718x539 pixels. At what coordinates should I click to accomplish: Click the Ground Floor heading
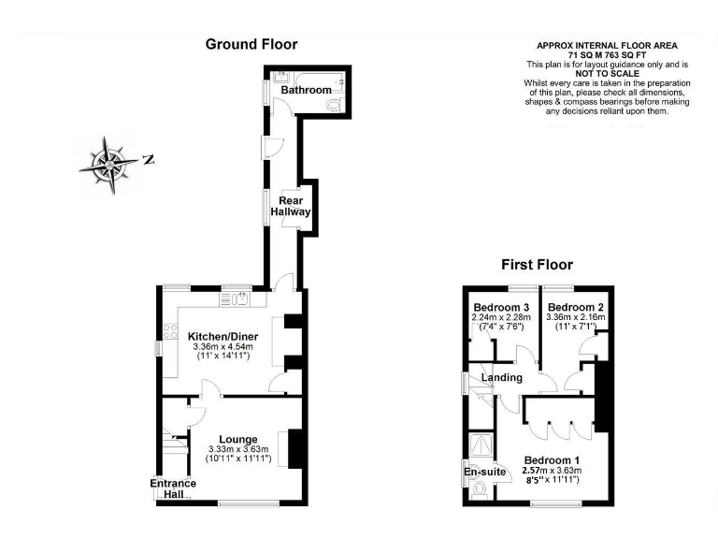(x=251, y=44)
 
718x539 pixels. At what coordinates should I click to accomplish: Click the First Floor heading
(x=538, y=265)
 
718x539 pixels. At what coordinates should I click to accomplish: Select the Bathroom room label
(x=308, y=90)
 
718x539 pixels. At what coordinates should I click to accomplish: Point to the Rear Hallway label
(x=290, y=206)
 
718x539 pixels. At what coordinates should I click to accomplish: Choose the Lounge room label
(x=238, y=438)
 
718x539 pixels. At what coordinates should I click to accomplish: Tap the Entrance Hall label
(x=174, y=488)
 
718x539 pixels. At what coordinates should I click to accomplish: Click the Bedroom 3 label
(x=501, y=308)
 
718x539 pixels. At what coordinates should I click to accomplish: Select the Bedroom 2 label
(x=575, y=308)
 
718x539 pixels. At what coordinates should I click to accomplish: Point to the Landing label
(x=502, y=377)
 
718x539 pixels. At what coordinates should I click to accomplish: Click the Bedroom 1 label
(x=552, y=459)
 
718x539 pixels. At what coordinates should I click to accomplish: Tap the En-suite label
(x=485, y=473)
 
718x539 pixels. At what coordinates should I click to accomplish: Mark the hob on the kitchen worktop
(x=170, y=330)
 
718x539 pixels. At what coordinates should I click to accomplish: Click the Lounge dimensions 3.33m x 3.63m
(x=238, y=449)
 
